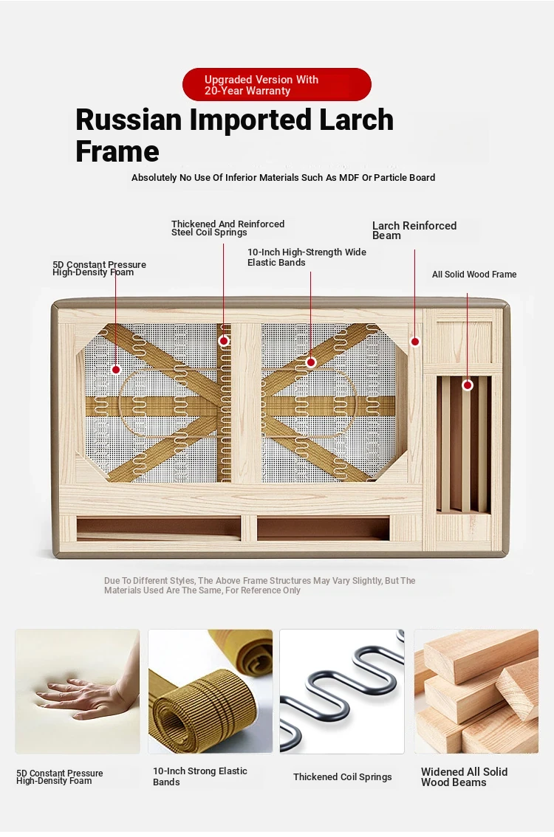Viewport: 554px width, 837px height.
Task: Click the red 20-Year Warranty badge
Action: tap(277, 84)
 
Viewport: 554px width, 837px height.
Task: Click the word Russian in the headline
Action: tap(129, 120)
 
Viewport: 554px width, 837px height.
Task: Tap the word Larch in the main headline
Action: tap(356, 120)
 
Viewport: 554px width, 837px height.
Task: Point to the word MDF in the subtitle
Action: tap(349, 178)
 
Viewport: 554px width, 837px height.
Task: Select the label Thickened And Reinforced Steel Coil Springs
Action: tap(228, 228)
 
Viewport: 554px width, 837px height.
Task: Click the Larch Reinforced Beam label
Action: tap(414, 230)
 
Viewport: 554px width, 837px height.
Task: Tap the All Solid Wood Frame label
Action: tap(474, 275)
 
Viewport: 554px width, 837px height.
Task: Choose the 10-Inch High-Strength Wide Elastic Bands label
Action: tap(307, 258)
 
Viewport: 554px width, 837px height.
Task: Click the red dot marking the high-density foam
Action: tap(116, 369)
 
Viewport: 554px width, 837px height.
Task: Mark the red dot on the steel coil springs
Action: tap(225, 340)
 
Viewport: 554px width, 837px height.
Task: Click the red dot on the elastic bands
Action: tap(311, 362)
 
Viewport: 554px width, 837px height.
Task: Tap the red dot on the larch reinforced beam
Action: tap(415, 341)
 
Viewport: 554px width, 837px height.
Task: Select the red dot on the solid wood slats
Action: tap(468, 385)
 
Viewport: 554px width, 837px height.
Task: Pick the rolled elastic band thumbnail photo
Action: tap(210, 692)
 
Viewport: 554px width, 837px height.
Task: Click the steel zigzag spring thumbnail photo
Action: tap(342, 692)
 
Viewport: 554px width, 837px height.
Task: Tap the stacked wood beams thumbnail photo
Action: tap(476, 692)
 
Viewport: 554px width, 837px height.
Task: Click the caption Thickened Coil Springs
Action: tap(343, 776)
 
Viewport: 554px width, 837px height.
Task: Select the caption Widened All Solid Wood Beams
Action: tap(464, 776)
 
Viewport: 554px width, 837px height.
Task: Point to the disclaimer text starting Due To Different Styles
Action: tap(259, 585)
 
